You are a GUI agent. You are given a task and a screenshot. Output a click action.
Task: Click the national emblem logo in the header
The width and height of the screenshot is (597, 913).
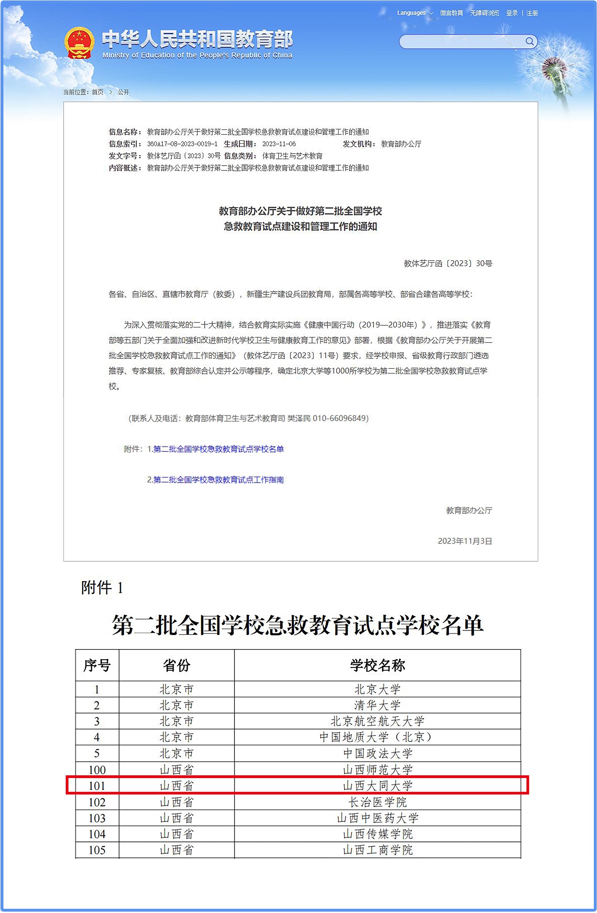coord(79,43)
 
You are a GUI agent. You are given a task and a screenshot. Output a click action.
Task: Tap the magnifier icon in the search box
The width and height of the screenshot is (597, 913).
coord(529,41)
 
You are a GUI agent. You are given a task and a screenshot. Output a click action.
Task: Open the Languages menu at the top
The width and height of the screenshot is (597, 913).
coord(414,13)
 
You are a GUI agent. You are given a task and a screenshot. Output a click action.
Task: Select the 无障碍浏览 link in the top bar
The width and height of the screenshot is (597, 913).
coord(484,13)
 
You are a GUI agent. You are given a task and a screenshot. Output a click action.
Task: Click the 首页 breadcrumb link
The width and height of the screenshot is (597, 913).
coord(98,92)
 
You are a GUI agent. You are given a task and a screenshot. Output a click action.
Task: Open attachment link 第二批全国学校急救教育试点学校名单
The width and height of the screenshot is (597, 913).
coord(218,449)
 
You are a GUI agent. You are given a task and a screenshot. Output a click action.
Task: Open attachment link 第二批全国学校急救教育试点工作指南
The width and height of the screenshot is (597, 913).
coord(218,480)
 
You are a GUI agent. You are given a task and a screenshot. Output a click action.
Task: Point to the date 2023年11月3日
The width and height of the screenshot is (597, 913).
coord(465,541)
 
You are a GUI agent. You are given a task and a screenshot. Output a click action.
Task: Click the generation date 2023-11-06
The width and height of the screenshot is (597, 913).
coord(279,144)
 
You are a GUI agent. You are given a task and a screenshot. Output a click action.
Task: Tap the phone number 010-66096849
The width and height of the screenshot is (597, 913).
coord(340,418)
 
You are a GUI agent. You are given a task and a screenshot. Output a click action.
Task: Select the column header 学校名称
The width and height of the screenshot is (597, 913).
coord(377,665)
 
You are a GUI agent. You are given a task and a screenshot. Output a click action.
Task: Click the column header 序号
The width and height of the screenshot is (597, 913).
coord(97,665)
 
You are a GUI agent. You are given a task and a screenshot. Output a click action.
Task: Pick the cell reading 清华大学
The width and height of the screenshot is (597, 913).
coord(377,705)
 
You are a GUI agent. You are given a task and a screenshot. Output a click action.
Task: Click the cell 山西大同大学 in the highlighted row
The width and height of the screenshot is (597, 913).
coord(377,786)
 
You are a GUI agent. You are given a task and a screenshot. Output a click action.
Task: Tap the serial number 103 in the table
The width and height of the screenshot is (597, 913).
coord(97,818)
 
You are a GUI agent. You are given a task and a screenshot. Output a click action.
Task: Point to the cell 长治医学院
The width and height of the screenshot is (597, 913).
coord(377,802)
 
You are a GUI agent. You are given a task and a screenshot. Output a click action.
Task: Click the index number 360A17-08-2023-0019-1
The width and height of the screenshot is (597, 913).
coord(182,144)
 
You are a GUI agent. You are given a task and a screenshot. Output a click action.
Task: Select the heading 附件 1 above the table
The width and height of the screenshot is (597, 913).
coord(102,588)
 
